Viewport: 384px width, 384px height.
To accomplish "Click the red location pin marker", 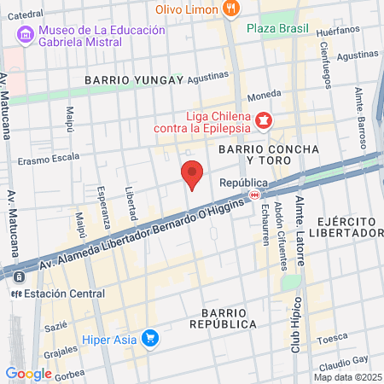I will [193, 174].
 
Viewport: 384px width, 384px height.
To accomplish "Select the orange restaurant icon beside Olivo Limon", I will [230, 9].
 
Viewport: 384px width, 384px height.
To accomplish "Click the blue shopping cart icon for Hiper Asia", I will [150, 338].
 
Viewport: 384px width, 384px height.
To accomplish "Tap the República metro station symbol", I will [254, 195].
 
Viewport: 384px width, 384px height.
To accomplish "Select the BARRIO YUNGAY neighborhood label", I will [134, 80].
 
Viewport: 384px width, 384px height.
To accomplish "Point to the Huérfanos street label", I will [333, 32].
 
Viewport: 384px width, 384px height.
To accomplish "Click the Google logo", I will [28, 373].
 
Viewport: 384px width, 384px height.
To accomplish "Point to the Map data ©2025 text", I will [346, 377].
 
